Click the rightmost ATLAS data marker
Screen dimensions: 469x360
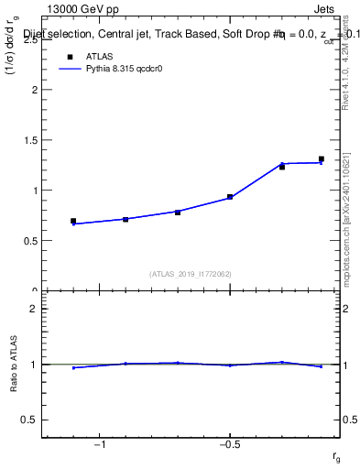[322, 159]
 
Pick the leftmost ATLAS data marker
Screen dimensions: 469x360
[73, 221]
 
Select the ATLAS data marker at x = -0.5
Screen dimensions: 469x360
[230, 197]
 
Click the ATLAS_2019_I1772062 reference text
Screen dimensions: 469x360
[191, 274]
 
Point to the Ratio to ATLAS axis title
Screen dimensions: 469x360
[13, 365]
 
